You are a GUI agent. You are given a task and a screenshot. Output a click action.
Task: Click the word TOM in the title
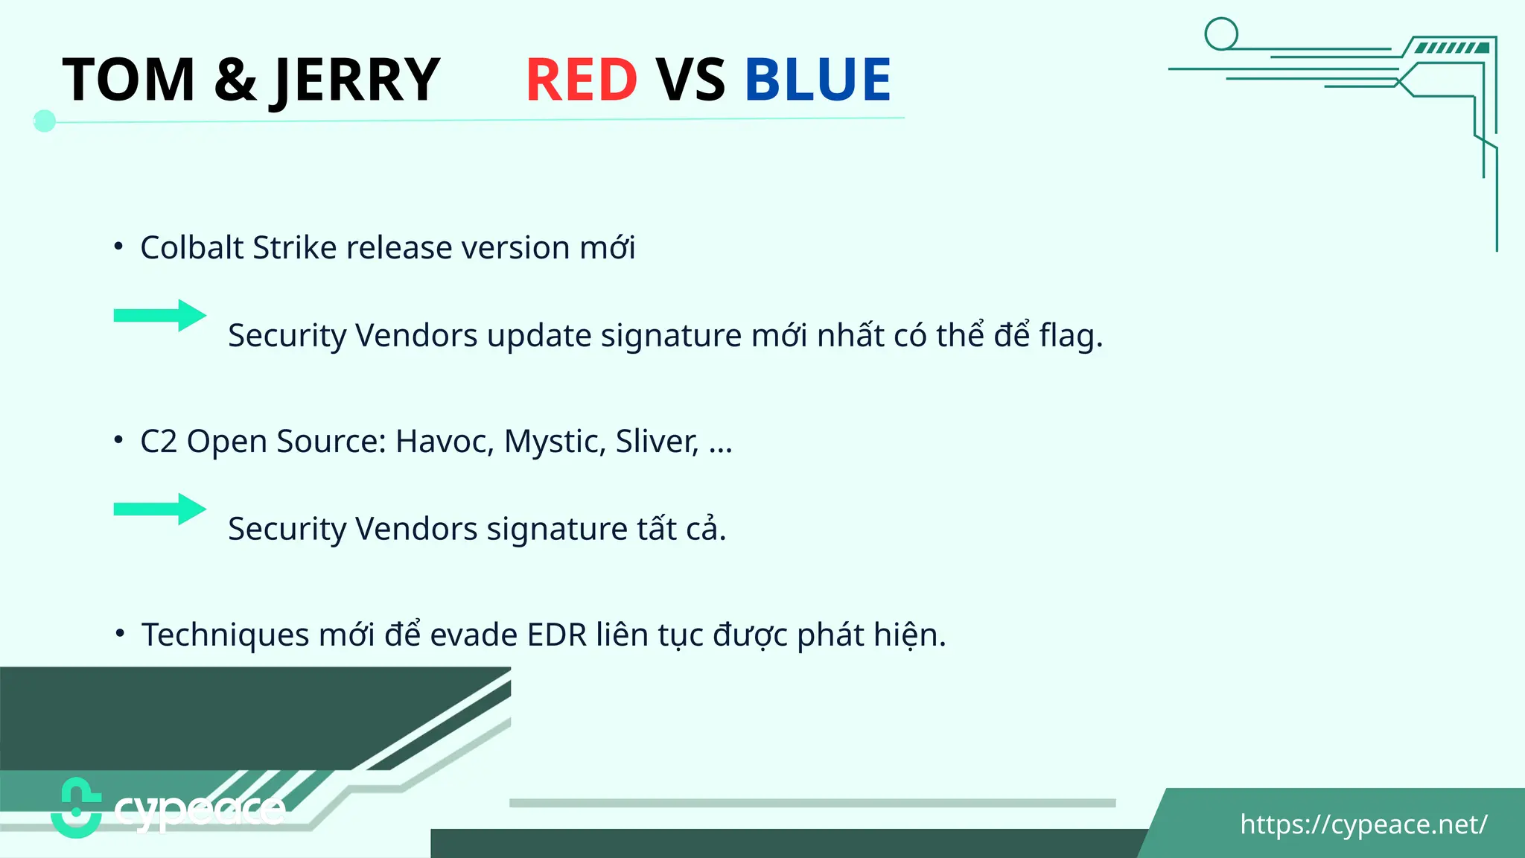tap(129, 80)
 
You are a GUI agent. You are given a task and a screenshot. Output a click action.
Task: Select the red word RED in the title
tap(582, 80)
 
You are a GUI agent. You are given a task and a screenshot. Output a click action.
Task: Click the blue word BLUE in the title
tap(818, 80)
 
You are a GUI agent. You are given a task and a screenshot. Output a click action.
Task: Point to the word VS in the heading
tap(690, 80)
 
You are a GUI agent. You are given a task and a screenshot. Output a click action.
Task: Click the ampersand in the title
tap(235, 80)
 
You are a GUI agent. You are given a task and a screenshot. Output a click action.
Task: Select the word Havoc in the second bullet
tap(445, 442)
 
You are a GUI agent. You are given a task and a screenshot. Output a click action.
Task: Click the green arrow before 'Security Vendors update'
tap(159, 316)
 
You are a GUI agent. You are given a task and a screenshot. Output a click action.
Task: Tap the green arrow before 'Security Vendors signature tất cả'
tap(159, 509)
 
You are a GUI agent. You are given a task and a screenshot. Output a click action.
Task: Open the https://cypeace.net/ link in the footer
tap(1363, 824)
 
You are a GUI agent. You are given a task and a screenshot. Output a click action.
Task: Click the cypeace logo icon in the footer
tap(76, 808)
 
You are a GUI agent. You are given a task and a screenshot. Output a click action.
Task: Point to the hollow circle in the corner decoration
tap(1221, 34)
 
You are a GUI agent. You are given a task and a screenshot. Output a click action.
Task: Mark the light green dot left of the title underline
tap(45, 121)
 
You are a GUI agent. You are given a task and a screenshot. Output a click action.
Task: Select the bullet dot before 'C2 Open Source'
tap(118, 440)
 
